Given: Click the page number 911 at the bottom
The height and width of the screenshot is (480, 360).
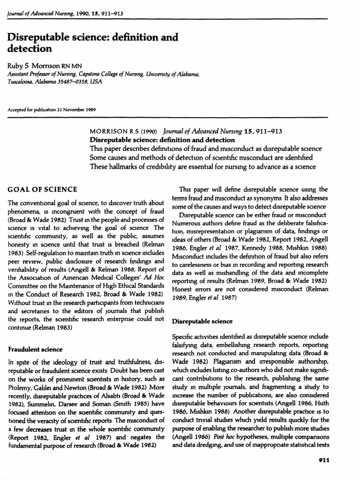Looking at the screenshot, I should (324, 460).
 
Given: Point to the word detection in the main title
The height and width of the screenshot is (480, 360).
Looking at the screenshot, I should (29, 48).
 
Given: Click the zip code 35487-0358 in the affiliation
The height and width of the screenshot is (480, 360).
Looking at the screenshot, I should (70, 81).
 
